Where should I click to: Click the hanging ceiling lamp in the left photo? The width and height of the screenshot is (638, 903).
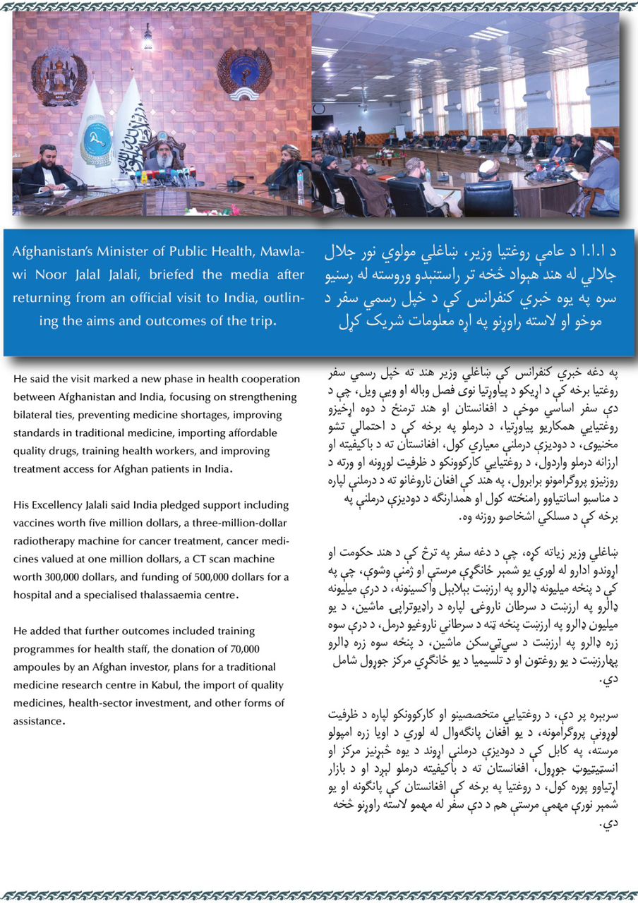click(147, 37)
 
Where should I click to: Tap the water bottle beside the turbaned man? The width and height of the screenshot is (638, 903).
click(301, 183)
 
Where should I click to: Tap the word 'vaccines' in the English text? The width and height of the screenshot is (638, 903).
click(33, 523)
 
